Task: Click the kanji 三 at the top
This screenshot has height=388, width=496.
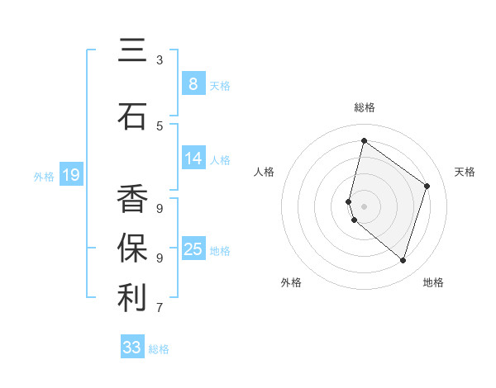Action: click(132, 51)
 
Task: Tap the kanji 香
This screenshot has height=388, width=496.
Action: click(132, 199)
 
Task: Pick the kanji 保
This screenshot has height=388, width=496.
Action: click(132, 248)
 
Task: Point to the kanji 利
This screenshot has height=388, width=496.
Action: click(132, 298)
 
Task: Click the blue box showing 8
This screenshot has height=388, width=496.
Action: click(193, 83)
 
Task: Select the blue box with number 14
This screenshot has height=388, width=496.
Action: click(193, 159)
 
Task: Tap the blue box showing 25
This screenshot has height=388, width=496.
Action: click(193, 249)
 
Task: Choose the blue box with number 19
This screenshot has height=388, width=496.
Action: click(71, 175)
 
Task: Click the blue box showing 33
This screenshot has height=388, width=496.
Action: click(132, 348)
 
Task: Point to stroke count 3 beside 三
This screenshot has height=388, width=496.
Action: click(160, 60)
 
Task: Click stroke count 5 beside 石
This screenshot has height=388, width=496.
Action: click(160, 125)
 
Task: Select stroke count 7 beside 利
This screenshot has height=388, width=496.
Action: click(160, 308)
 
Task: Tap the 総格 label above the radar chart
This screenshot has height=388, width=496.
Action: click(365, 107)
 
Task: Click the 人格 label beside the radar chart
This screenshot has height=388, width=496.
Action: click(265, 172)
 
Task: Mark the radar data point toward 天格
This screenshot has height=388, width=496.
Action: click(427, 186)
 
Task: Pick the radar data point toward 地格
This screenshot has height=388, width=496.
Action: click(403, 261)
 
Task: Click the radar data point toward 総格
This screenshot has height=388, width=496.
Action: click(364, 140)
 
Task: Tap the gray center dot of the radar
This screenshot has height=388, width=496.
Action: click(364, 206)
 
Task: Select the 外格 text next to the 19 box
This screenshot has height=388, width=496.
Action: click(43, 176)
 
